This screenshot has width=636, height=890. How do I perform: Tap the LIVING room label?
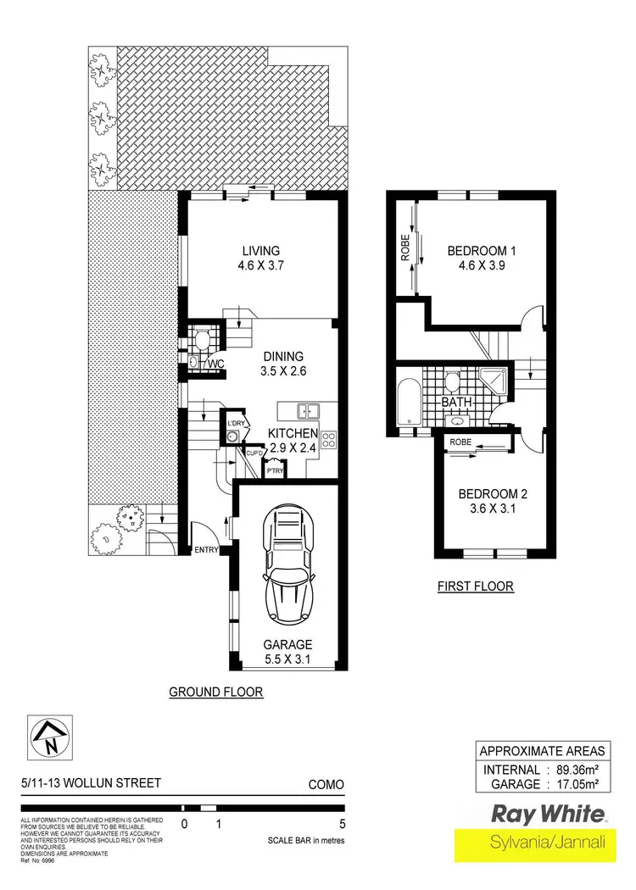[260, 250]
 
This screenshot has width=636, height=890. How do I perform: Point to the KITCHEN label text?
[293, 433]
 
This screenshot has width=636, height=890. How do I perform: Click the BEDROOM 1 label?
[481, 251]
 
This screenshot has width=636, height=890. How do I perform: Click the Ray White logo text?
[549, 815]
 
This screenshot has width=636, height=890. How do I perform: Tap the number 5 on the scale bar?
[343, 823]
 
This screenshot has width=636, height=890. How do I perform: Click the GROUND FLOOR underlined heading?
[216, 692]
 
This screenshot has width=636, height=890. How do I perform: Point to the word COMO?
[326, 784]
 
